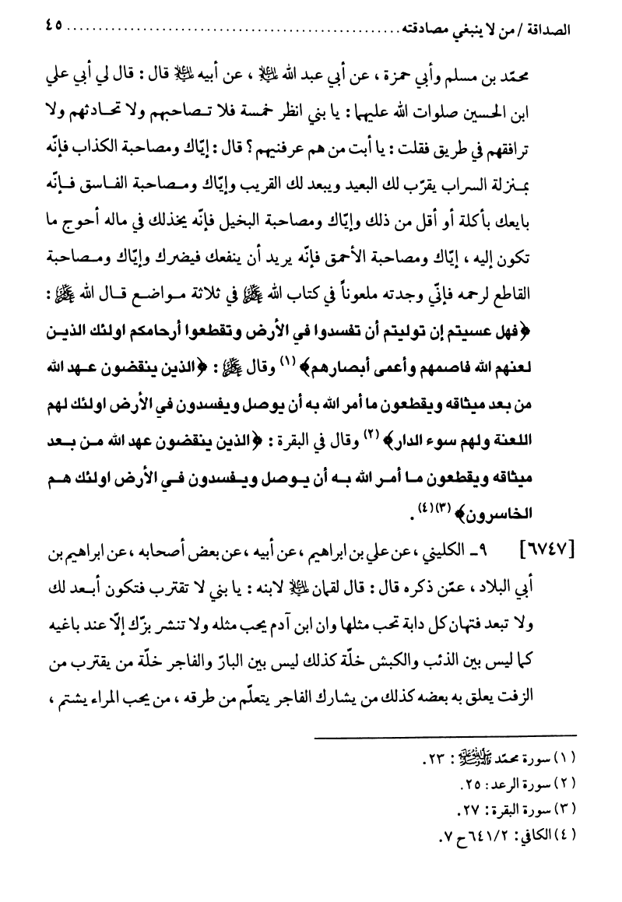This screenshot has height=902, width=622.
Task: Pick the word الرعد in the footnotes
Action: coord(492,781)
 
